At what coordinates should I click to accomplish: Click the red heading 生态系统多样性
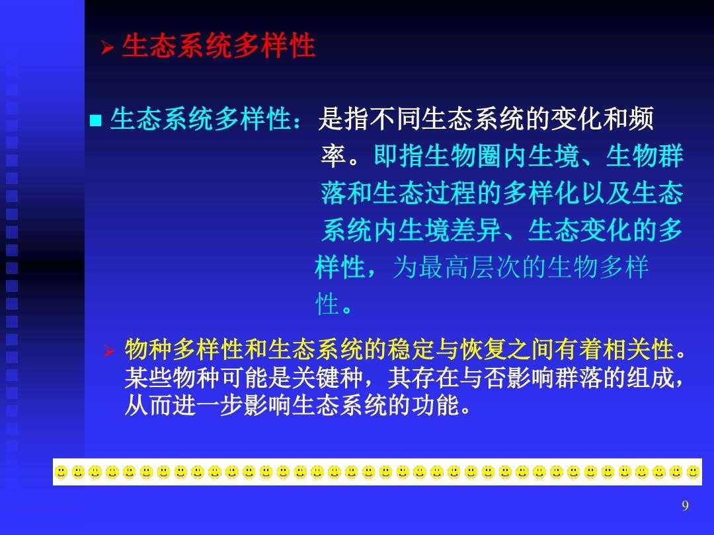(219, 46)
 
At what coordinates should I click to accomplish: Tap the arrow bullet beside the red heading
(108, 47)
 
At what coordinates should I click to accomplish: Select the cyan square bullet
(96, 121)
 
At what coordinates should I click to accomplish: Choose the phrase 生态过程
(424, 193)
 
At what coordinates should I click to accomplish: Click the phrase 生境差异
(450, 231)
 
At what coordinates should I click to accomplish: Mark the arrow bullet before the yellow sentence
(109, 351)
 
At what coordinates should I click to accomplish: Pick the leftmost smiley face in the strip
(61, 473)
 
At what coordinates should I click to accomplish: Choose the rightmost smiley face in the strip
(693, 473)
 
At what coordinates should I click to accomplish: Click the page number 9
(686, 505)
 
